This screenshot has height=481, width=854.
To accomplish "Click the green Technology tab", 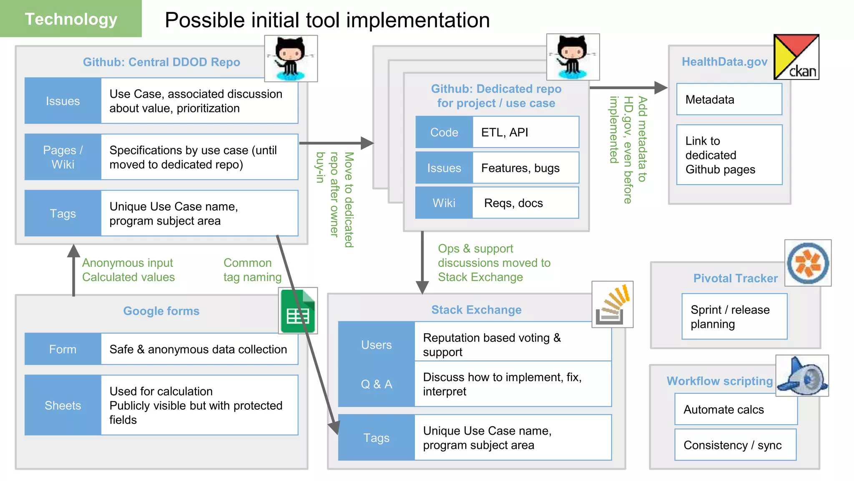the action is tap(71, 19).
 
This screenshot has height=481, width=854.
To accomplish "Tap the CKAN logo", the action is tap(796, 57).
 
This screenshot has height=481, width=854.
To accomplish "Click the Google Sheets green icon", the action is tap(298, 311).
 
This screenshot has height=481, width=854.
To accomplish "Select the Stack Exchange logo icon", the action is tap(613, 304).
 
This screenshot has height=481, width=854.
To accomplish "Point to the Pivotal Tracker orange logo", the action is tap(808, 263).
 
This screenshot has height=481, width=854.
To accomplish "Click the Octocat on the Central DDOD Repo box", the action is tap(291, 58).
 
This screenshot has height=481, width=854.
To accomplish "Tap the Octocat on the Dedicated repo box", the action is tap(573, 57).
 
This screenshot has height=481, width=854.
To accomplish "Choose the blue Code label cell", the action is tap(444, 132).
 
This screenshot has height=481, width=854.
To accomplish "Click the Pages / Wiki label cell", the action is tap(63, 157).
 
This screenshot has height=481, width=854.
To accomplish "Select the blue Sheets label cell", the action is tap(63, 405).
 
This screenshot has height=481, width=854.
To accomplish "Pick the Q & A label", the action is tap(377, 384).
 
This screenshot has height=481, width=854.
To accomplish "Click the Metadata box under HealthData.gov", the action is tap(729, 99).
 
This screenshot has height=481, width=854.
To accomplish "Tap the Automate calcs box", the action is tap(736, 410).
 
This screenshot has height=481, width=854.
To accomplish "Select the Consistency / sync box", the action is tap(736, 445).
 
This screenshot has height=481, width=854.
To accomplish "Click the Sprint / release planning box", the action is tap(735, 316).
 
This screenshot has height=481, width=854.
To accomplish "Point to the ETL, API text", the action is tap(505, 132).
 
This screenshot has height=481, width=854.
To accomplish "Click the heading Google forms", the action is tap(161, 311).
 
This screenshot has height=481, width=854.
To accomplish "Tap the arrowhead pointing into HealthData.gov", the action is tap(661, 88).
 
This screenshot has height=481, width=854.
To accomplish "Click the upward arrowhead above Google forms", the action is tap(74, 251).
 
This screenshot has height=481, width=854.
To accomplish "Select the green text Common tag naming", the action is tap(253, 270).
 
